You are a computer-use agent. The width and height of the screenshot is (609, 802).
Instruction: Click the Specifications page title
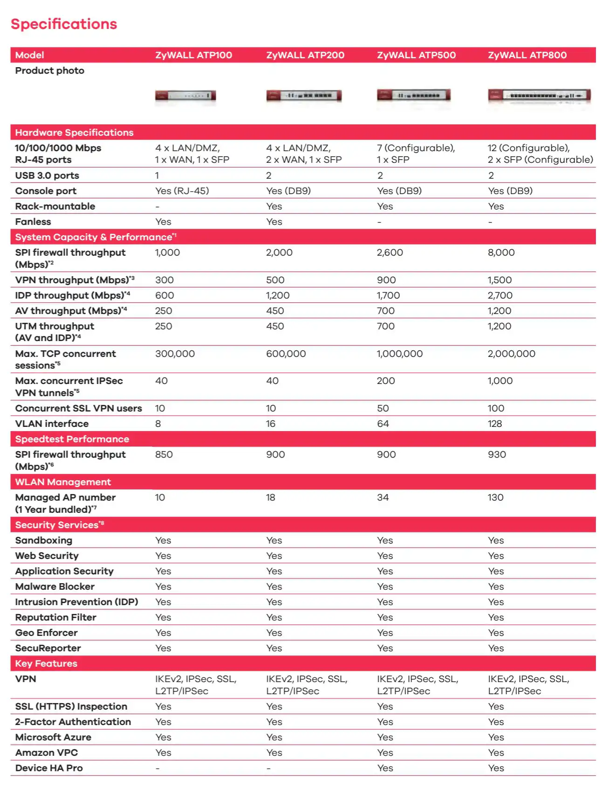64,24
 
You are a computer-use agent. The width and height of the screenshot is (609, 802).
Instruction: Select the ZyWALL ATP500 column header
416,55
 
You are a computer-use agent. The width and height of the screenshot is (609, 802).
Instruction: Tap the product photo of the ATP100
185,96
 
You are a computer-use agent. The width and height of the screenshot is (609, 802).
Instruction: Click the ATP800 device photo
539,96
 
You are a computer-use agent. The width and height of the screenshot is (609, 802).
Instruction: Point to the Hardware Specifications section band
74,133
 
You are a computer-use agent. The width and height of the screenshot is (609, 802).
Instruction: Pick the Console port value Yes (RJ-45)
182,191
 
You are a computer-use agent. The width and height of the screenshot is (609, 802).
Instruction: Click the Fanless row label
33,222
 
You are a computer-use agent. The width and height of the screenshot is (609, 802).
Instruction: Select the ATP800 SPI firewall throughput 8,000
501,252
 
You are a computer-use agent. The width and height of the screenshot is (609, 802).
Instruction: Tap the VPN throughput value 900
386,280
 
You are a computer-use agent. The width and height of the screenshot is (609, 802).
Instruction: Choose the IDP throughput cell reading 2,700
500,295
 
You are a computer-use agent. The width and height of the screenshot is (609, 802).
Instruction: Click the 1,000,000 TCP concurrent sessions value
399,354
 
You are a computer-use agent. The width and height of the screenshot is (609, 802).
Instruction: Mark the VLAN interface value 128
495,424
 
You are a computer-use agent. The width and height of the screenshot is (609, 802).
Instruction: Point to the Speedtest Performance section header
72,439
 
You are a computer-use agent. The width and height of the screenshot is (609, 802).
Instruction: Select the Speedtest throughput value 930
497,454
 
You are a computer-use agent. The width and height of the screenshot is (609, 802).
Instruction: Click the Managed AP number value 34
383,497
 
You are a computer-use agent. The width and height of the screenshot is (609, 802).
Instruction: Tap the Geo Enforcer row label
46,633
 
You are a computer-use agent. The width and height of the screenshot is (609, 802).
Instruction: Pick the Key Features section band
46,663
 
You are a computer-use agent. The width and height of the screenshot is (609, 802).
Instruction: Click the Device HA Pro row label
49,768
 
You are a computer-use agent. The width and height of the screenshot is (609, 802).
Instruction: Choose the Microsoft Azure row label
53,737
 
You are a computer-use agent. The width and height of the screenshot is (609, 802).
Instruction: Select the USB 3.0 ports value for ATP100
157,175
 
